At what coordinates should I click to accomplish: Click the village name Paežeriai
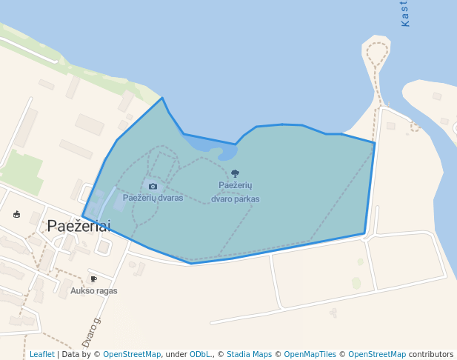click(78, 227)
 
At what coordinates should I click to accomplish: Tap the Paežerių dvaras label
click(153, 198)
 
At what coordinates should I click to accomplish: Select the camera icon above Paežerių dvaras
click(153, 187)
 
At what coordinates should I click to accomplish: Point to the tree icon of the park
click(236, 174)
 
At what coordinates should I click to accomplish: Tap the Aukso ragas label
click(93, 291)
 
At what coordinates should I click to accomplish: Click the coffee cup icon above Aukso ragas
click(93, 279)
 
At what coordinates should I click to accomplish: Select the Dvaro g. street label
click(91, 332)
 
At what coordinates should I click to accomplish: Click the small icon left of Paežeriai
click(17, 215)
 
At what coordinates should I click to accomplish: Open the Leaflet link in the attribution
click(41, 355)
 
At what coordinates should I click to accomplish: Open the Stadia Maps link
click(249, 355)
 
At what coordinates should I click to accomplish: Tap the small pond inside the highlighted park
click(226, 153)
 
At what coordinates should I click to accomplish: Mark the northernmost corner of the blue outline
click(161, 98)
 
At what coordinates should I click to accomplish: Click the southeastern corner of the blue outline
click(364, 234)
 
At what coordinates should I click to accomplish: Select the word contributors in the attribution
click(431, 355)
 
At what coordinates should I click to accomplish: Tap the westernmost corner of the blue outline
click(82, 216)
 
